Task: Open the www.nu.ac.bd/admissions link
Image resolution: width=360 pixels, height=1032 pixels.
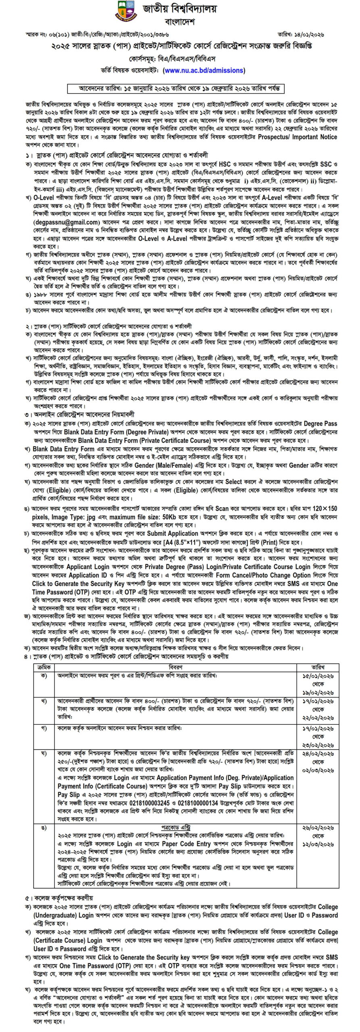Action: coord(204,70)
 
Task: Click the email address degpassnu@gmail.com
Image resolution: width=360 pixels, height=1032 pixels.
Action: coord(67,222)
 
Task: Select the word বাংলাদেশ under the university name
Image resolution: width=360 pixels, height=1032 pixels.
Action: coord(180,21)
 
